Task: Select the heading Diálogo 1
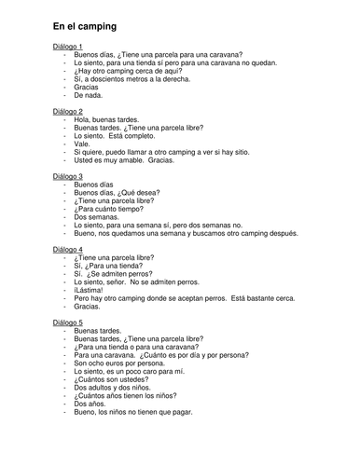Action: [x=69, y=46]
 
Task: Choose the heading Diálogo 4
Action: [x=69, y=251]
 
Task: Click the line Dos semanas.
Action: [x=98, y=215]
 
